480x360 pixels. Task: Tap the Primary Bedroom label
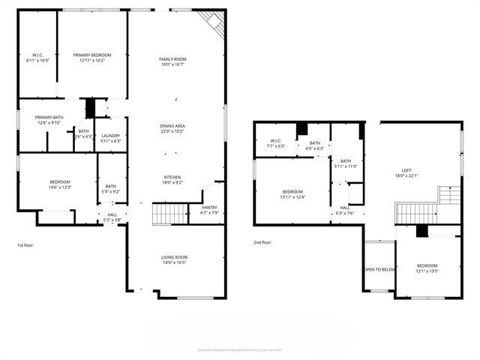tap(92, 58)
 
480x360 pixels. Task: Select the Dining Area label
tap(172, 128)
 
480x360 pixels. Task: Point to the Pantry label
tap(209, 209)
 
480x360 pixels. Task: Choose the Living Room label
tap(174, 260)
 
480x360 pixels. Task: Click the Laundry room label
tap(111, 137)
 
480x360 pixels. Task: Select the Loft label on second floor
tap(406, 172)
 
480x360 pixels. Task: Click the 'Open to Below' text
tap(379, 269)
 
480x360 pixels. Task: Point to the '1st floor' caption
tap(25, 245)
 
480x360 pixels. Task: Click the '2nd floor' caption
tap(262, 242)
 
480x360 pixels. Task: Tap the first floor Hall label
tap(112, 217)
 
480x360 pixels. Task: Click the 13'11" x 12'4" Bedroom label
tap(292, 193)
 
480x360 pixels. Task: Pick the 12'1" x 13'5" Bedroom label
tap(427, 268)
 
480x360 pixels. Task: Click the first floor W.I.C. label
tap(37, 58)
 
